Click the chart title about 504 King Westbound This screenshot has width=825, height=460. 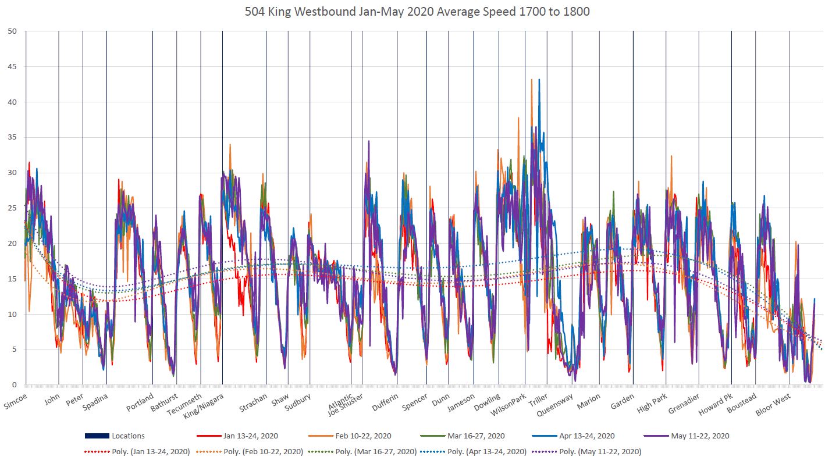coord(412,12)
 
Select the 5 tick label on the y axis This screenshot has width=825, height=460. coord(14,350)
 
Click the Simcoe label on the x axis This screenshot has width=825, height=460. coord(15,401)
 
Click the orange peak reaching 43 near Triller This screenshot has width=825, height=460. coord(532,80)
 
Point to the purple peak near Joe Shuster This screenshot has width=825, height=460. coord(368,141)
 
